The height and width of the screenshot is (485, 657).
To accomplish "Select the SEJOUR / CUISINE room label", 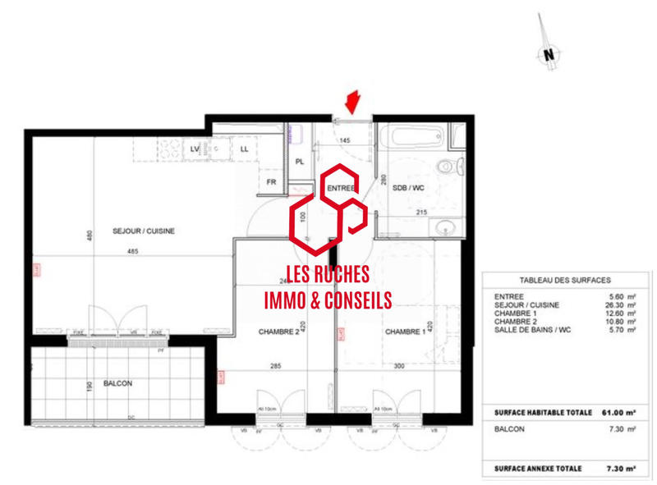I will (144, 231).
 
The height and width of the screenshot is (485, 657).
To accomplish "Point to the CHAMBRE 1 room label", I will (405, 332).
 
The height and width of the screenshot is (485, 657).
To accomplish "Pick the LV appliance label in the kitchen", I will (195, 149).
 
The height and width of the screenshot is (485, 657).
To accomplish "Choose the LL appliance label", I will (245, 149).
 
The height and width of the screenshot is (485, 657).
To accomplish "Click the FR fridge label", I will (270, 182).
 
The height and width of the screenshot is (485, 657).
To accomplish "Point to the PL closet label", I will (300, 162).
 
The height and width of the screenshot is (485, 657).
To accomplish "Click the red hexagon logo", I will (328, 209).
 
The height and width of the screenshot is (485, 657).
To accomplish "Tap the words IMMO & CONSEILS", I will (328, 301).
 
